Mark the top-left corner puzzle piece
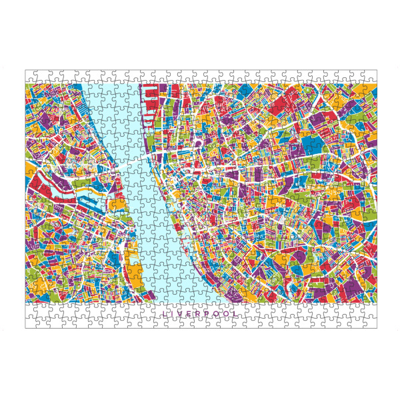(x=31, y=75)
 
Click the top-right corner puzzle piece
(x=371, y=75)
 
